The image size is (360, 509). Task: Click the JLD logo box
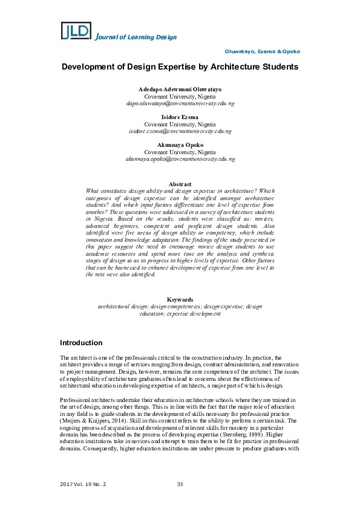(76, 31)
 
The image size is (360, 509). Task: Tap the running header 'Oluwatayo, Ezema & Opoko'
(262, 52)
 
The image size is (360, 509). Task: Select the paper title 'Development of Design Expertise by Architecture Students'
(180, 66)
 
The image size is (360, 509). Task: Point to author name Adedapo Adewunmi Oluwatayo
(180, 89)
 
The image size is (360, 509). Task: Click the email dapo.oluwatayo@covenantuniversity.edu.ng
(180, 103)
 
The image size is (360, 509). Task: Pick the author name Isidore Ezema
(180, 117)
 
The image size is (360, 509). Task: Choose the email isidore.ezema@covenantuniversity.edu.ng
(180, 131)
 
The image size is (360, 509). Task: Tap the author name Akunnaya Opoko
(180, 145)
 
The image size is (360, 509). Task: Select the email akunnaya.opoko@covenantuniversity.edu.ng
(180, 159)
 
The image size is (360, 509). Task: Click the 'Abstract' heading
(180, 184)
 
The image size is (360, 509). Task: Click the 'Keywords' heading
(180, 300)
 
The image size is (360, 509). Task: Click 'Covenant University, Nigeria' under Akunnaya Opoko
(180, 152)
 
